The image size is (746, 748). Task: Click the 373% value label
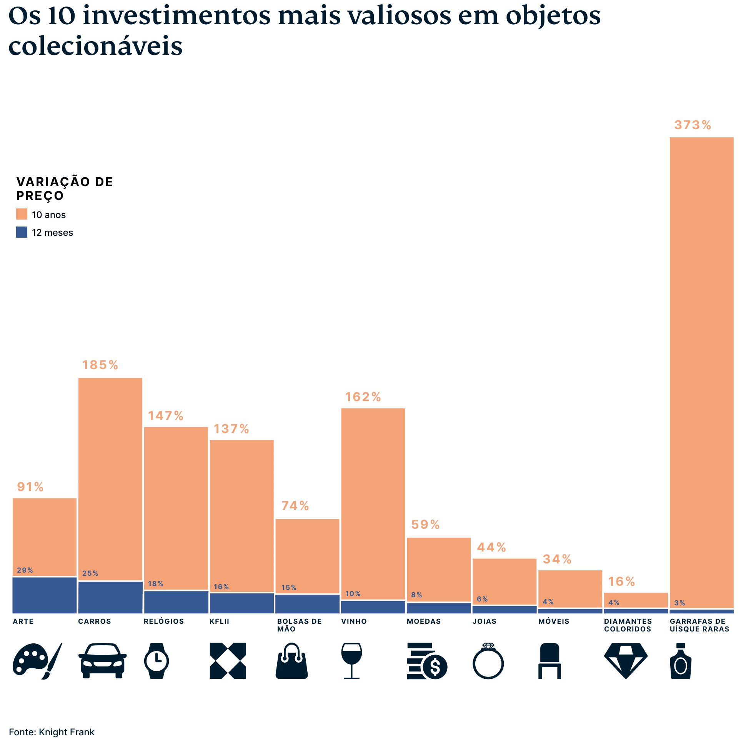pyautogui.click(x=692, y=125)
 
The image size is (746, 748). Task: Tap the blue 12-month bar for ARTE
pyautogui.click(x=45, y=595)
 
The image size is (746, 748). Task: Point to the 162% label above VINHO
pyautogui.click(x=363, y=397)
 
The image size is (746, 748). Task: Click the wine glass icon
pyautogui.click(x=351, y=661)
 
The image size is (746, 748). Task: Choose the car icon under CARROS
pyautogui.click(x=102, y=661)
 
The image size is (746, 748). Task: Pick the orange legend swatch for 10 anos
pyautogui.click(x=22, y=214)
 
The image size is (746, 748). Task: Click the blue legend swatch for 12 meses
pyautogui.click(x=22, y=232)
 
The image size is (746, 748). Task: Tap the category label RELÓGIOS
pyautogui.click(x=164, y=621)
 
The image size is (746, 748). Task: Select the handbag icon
pyautogui.click(x=291, y=661)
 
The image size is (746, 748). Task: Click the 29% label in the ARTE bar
pyautogui.click(x=25, y=570)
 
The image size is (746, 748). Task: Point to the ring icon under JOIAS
pyautogui.click(x=488, y=661)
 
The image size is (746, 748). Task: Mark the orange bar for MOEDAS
pyautogui.click(x=439, y=569)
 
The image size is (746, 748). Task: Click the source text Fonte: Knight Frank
pyautogui.click(x=52, y=732)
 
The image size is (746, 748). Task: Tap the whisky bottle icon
pyautogui.click(x=680, y=661)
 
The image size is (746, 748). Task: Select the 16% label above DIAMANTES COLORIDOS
pyautogui.click(x=621, y=581)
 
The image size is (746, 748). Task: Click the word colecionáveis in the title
pyautogui.click(x=95, y=46)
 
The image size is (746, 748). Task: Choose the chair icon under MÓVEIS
pyautogui.click(x=550, y=661)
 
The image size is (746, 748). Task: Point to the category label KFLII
pyautogui.click(x=219, y=621)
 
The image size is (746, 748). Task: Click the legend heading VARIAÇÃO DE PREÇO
pyautogui.click(x=64, y=188)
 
